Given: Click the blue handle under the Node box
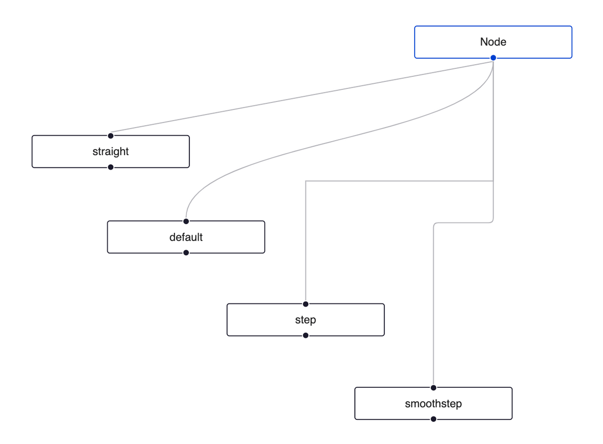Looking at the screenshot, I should click(493, 58).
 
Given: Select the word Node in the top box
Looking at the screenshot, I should click(493, 42).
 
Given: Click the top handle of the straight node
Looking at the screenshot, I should click(111, 136).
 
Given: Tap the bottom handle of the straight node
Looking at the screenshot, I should click(111, 167).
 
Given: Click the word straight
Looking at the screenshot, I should click(111, 152).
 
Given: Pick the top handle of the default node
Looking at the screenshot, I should click(186, 221).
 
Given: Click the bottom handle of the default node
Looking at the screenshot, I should click(186, 253).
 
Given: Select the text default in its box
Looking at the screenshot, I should click(186, 237).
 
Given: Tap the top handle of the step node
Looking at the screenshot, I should click(306, 304).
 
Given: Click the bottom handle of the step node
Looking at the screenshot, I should click(306, 336).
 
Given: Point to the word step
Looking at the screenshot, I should click(306, 320).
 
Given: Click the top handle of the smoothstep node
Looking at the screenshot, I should click(433, 387).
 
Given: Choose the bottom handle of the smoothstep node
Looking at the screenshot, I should click(433, 419).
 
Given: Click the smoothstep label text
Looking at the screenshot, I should click(433, 404).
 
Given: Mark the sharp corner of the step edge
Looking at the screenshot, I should click(306, 181).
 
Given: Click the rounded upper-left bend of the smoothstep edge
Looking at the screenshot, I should click(435, 224).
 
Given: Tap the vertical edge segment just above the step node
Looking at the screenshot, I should click(306, 251).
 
